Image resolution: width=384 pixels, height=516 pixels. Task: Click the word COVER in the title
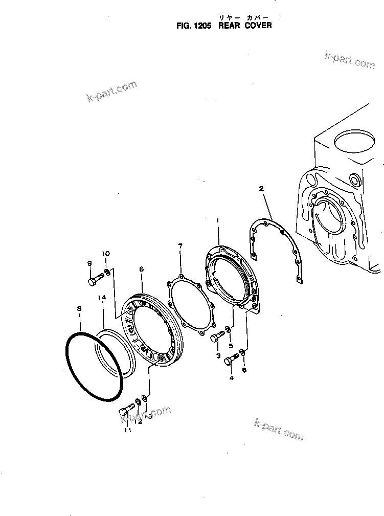(259, 25)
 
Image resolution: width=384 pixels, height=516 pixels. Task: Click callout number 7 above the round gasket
(180, 246)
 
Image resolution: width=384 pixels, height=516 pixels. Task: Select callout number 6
(141, 269)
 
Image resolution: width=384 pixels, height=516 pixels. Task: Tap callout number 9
(89, 263)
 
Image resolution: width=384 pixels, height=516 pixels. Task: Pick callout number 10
(106, 254)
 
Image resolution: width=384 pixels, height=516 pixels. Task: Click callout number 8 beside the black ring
(79, 308)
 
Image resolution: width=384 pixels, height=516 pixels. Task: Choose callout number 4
(231, 378)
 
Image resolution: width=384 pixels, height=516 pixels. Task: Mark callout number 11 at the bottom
(127, 430)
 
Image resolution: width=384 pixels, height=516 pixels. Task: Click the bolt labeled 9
(95, 280)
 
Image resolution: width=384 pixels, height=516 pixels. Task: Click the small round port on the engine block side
(354, 180)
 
